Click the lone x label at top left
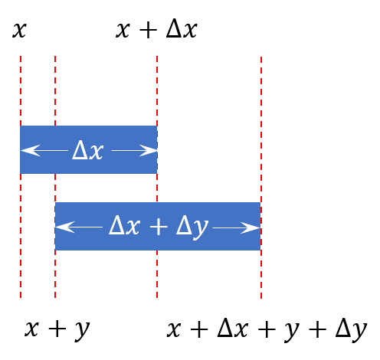click(19, 31)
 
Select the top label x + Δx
click(156, 29)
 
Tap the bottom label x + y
click(57, 330)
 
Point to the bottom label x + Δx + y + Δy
click(267, 329)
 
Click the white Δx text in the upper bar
click(88, 151)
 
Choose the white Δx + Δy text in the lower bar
click(159, 227)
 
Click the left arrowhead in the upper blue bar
click(31, 150)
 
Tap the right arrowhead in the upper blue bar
click(148, 150)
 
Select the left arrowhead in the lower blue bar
click(65, 227)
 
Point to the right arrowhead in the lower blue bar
click(251, 227)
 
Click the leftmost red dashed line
click(21, 177)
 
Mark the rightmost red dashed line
click(261, 178)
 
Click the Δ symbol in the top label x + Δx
click(173, 28)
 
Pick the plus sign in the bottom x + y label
click(57, 329)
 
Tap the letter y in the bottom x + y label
click(82, 331)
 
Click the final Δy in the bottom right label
click(352, 330)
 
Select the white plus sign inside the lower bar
click(159, 226)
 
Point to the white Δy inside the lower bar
click(192, 227)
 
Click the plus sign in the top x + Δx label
click(148, 30)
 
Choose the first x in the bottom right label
click(174, 329)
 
